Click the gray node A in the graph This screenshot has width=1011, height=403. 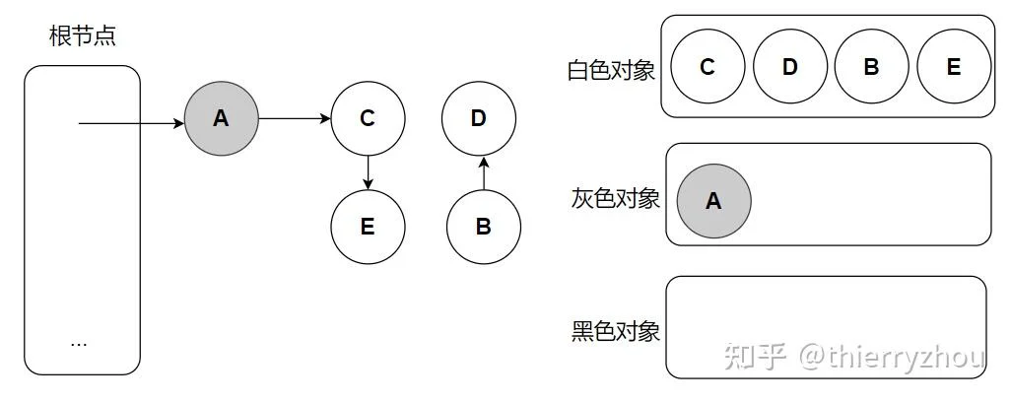pos(221,118)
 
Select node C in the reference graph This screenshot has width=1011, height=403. pos(368,118)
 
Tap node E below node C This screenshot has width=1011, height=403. pos(368,227)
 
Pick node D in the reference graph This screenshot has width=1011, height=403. pos(479,118)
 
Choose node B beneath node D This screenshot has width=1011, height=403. pos(484,227)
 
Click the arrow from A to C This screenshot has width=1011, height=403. pos(295,118)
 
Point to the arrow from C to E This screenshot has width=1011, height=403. pos(368,172)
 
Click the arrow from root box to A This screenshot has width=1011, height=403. pos(131,123)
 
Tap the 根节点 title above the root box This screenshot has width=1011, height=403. pos(83,36)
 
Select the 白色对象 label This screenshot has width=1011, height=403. pos(611,70)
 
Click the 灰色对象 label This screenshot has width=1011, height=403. pos(615,199)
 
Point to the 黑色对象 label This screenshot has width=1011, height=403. pos(615,331)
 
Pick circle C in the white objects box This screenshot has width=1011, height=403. pos(708,66)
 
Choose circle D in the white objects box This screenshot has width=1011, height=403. pos(790,66)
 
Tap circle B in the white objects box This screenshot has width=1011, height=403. pos(872,66)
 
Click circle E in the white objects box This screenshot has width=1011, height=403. pos(954,66)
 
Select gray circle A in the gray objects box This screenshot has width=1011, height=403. pos(713,201)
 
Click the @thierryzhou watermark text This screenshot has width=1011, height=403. pos(892,357)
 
